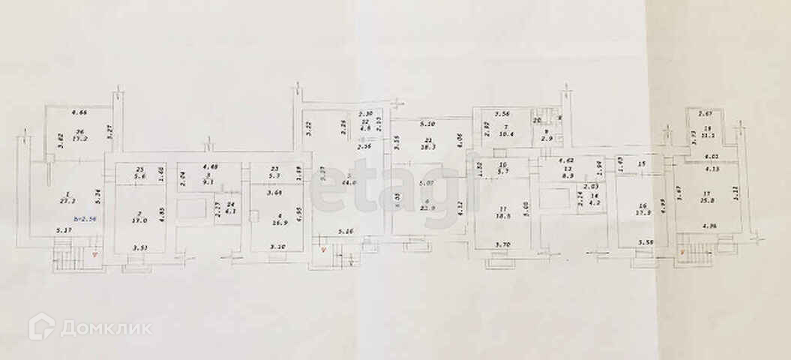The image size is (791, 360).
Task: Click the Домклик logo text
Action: click(x=105, y=328)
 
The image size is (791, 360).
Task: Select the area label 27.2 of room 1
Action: click(x=67, y=202)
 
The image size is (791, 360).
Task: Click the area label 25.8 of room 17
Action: click(x=703, y=201)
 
